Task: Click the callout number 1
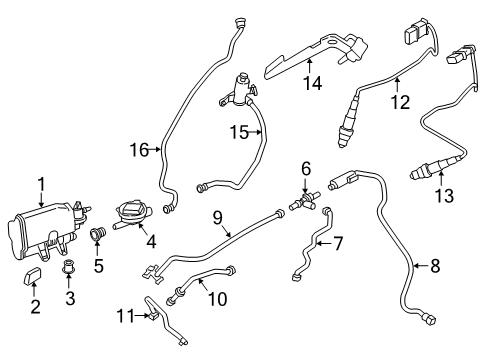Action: click(x=41, y=182)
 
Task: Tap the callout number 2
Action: click(x=34, y=306)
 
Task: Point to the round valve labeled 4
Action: click(x=130, y=212)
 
